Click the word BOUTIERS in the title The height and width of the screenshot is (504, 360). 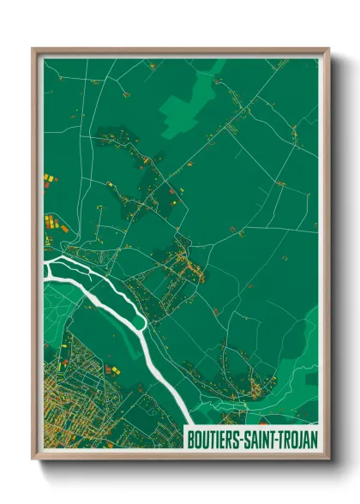(x=216, y=439)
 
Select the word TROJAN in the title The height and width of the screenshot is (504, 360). (x=297, y=439)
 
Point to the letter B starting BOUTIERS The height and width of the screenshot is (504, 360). (x=191, y=439)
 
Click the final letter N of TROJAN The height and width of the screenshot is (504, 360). (x=315, y=439)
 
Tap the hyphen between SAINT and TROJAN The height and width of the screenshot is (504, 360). (x=278, y=439)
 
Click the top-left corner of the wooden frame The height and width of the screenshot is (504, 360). (x=33, y=49)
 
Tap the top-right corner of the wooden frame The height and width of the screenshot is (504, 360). (x=327, y=49)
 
